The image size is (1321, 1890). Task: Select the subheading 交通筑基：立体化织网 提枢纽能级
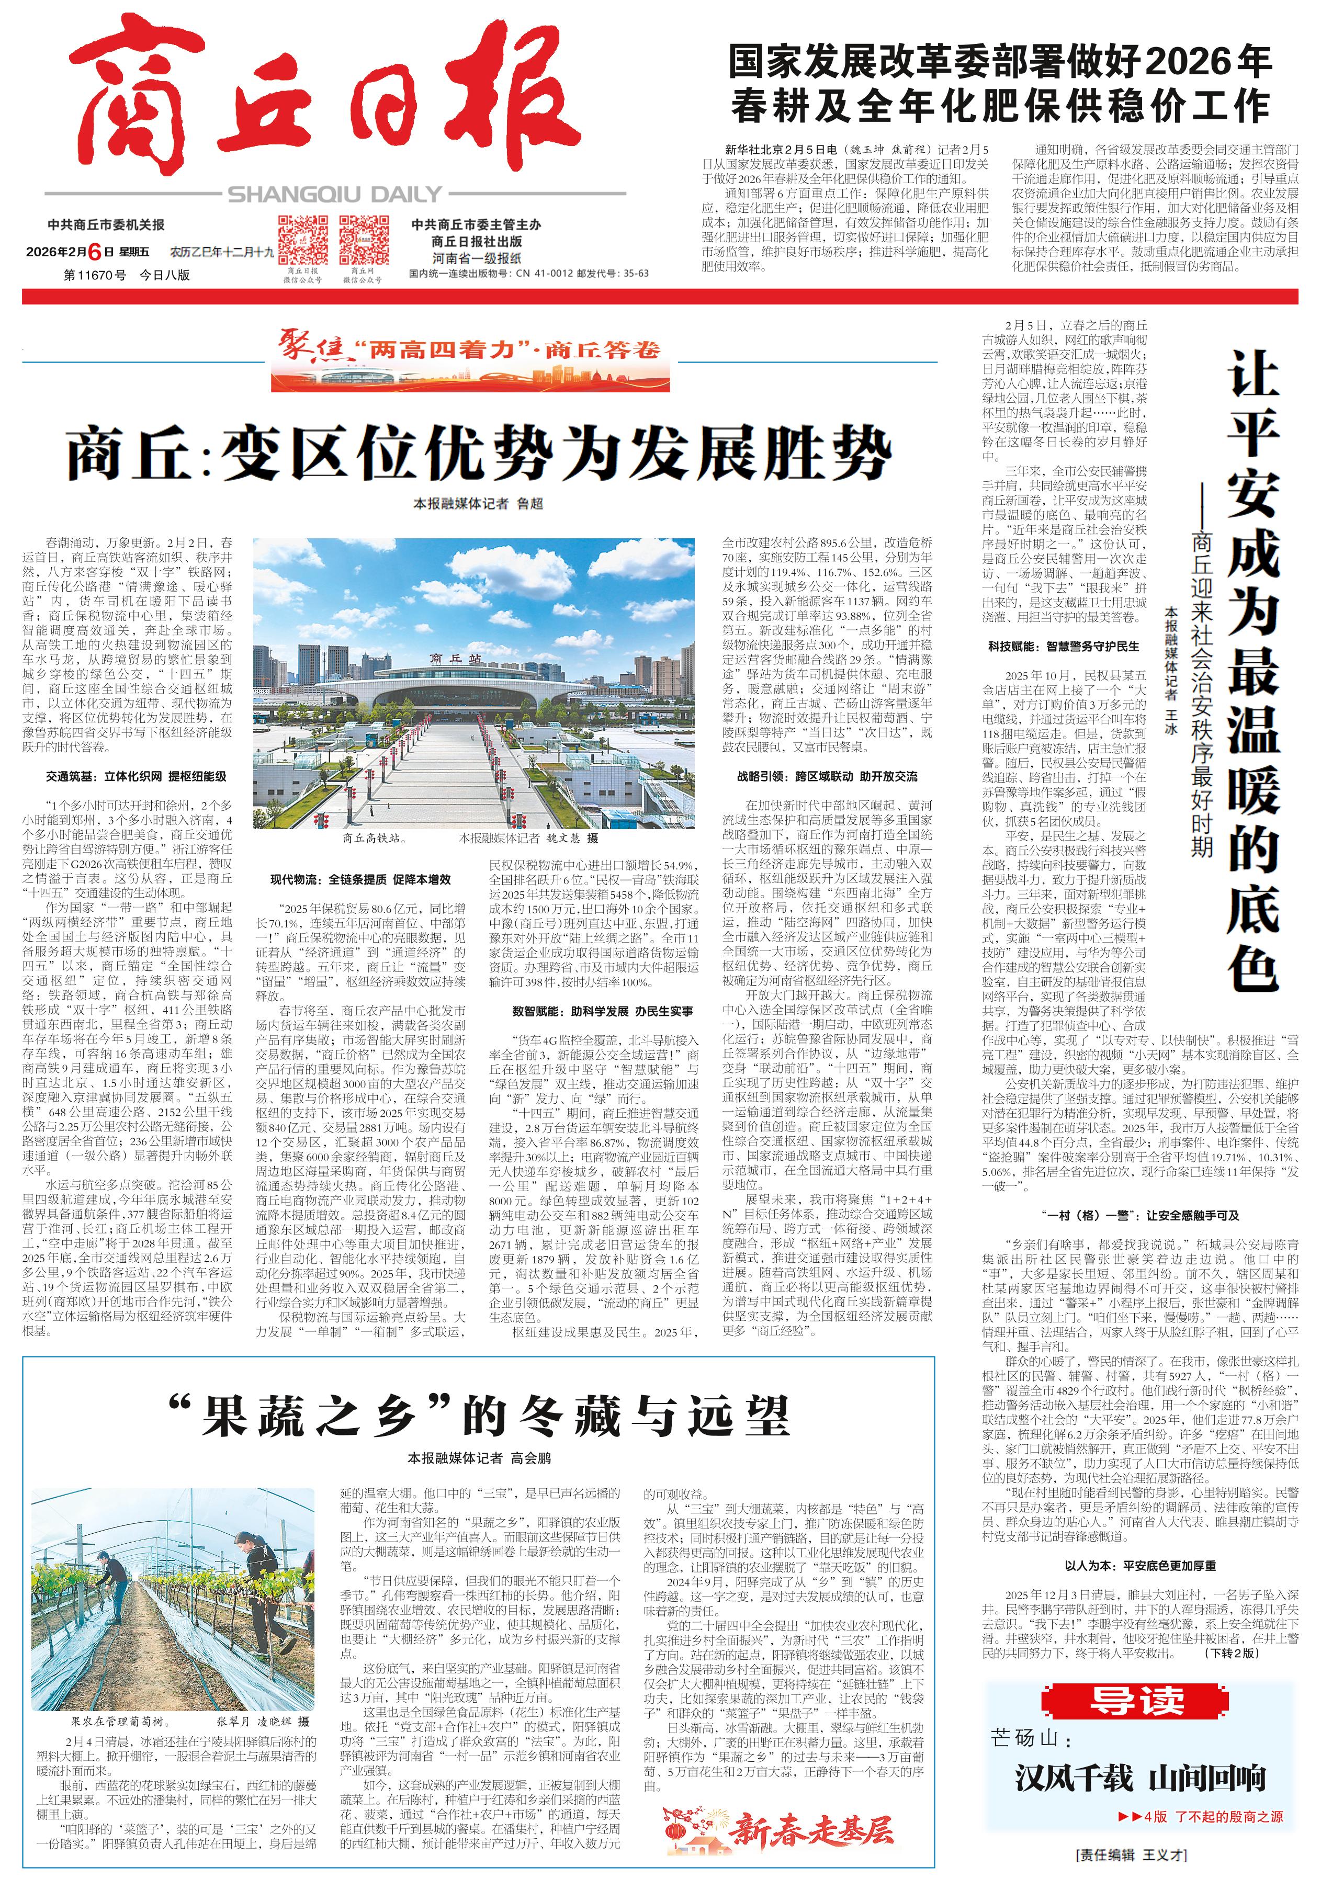click(x=136, y=776)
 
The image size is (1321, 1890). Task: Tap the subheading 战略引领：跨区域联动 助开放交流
click(x=827, y=776)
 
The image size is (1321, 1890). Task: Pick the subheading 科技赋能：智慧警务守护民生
click(x=1064, y=646)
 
